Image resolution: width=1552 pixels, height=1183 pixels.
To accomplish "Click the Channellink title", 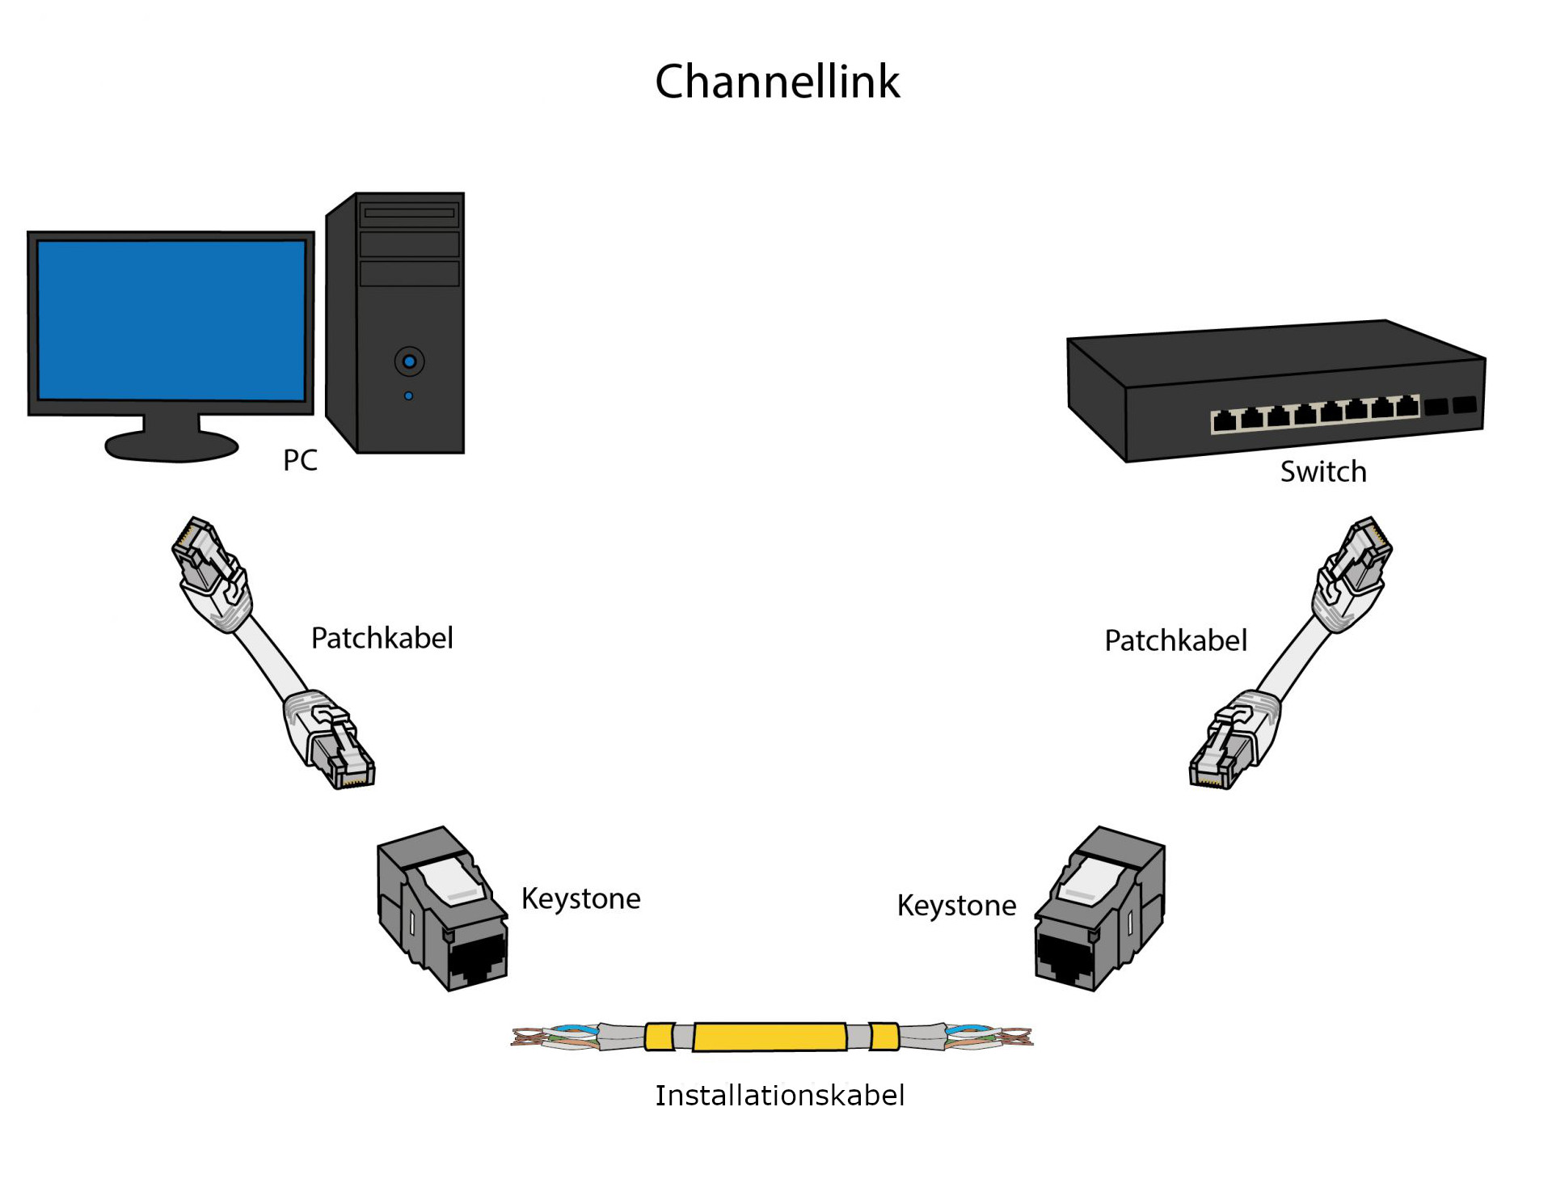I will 777,82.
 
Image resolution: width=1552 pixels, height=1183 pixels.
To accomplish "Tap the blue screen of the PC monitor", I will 171,320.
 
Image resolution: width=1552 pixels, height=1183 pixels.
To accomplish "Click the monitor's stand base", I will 171,446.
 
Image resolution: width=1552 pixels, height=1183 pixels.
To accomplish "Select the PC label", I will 300,460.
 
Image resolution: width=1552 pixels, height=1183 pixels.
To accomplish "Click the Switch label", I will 1323,471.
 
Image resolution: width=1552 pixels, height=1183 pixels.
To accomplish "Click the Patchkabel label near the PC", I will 382,638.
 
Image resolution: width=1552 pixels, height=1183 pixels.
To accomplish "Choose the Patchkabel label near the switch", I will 1175,640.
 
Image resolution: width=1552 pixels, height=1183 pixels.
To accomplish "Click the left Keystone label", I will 580,898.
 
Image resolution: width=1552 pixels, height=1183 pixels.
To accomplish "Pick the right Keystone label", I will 956,906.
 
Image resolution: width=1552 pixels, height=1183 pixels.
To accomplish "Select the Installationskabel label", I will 779,1096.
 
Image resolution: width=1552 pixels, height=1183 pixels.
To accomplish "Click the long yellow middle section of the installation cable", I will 770,1037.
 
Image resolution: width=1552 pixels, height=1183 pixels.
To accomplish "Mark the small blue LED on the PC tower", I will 408,396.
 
